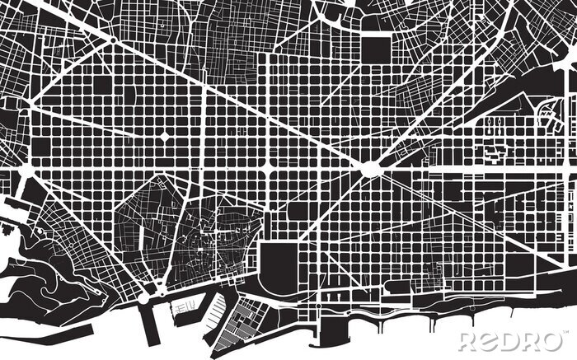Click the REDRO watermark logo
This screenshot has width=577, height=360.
(x=510, y=340)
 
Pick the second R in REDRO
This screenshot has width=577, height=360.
(x=532, y=340)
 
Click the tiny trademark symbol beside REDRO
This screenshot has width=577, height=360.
(x=565, y=333)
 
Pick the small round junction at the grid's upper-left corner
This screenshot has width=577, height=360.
(x=110, y=40)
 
